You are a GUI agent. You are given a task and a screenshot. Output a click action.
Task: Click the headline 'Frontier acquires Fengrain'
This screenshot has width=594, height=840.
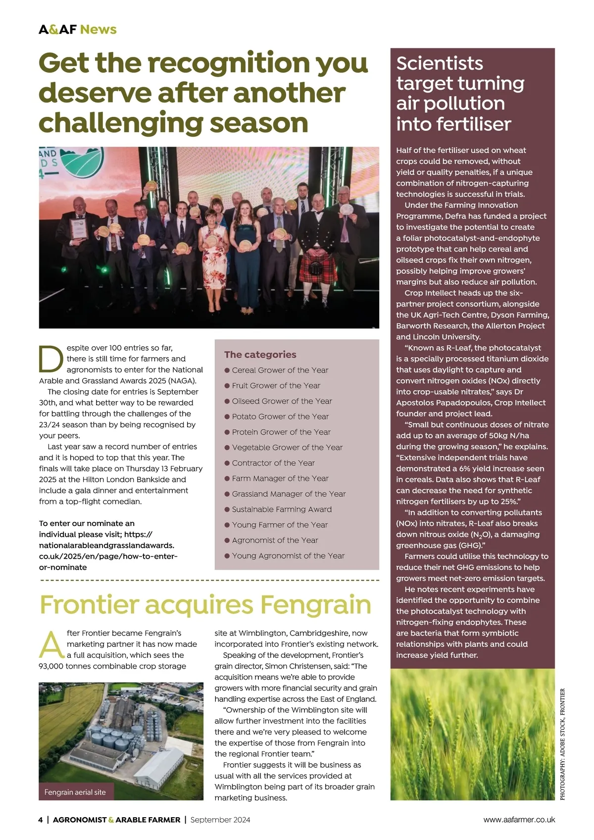[205, 605]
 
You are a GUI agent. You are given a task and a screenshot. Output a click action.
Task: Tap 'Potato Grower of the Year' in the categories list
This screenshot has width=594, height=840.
[280, 417]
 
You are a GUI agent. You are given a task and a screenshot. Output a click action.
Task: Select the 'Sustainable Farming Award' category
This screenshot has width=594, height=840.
[282, 509]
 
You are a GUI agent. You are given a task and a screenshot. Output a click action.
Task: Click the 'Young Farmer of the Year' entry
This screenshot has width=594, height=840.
[280, 525]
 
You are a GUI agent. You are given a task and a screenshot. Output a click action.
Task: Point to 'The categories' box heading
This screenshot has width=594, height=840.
[260, 355]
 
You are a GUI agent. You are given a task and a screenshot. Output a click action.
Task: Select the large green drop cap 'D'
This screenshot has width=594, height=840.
[51, 359]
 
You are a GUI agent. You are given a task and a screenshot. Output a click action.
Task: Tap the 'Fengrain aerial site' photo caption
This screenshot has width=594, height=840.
[75, 792]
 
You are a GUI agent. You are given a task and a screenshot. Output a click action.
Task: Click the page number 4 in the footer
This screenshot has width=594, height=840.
[41, 820]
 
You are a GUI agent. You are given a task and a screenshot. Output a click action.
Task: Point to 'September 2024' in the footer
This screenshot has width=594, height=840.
[220, 820]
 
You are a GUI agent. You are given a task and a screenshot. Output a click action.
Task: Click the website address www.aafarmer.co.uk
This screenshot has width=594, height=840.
[519, 820]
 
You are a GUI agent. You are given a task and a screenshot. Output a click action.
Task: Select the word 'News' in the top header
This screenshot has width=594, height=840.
[98, 29]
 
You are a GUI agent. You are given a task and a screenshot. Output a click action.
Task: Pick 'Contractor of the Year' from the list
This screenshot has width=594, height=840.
[273, 463]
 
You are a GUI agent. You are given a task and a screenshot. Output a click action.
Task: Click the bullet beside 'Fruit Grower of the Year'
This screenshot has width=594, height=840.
[227, 385]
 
